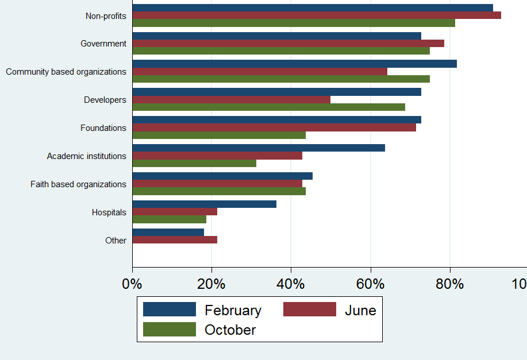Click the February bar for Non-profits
tap(313, 7)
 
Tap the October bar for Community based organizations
tap(281, 79)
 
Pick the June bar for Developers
tap(231, 99)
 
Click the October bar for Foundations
tap(219, 135)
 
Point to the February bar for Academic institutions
tap(259, 148)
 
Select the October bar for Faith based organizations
tap(219, 191)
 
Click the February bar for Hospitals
tap(204, 204)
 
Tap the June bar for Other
tap(175, 239)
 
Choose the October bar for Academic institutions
tap(194, 163)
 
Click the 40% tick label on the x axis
tap(291, 284)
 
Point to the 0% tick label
tap(132, 284)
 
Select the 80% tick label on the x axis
tap(449, 284)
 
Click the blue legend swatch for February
tap(169, 309)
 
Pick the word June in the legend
tap(360, 311)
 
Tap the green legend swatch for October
tap(169, 330)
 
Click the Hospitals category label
tap(109, 212)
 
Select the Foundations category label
tap(103, 128)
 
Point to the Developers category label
tap(105, 100)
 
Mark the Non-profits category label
tap(106, 16)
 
